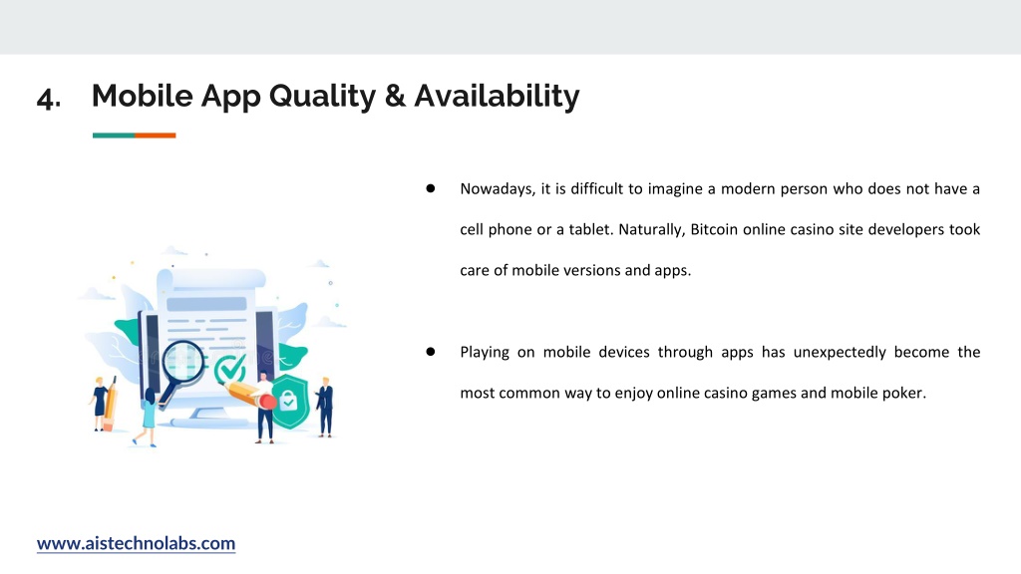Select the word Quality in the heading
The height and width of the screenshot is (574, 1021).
click(322, 97)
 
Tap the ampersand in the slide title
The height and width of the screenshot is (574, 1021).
click(395, 96)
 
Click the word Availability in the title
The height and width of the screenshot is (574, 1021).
click(497, 97)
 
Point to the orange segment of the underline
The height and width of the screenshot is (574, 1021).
click(155, 136)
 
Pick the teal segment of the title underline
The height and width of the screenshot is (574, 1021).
click(114, 136)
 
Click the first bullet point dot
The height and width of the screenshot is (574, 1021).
click(431, 188)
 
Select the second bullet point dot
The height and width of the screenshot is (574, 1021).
click(431, 352)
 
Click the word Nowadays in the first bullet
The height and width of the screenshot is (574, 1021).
click(498, 189)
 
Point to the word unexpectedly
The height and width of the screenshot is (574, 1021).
click(840, 353)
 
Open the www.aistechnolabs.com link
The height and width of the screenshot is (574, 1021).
click(136, 543)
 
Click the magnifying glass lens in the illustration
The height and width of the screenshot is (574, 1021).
click(182, 361)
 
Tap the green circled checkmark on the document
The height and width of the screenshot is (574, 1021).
click(230, 369)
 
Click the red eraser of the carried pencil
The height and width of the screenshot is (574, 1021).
click(268, 402)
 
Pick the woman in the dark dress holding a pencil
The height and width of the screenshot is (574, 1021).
click(100, 404)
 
